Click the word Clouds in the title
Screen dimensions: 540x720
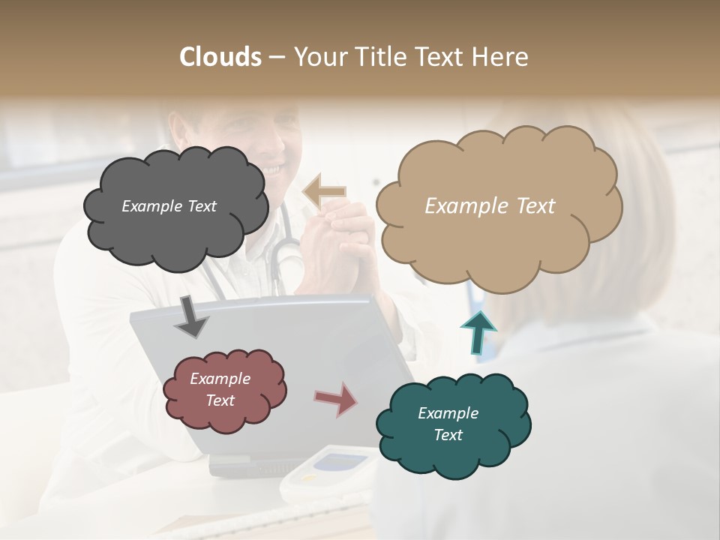[x=220, y=57]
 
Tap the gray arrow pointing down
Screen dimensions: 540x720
[x=191, y=316]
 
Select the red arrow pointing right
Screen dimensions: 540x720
[x=335, y=399]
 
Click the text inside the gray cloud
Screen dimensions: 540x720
[x=169, y=206]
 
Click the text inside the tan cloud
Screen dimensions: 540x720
[x=490, y=206]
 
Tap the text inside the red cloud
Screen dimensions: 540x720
[x=220, y=389]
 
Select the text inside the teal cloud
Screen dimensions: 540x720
[x=448, y=424]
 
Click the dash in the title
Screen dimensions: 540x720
[x=276, y=57]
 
